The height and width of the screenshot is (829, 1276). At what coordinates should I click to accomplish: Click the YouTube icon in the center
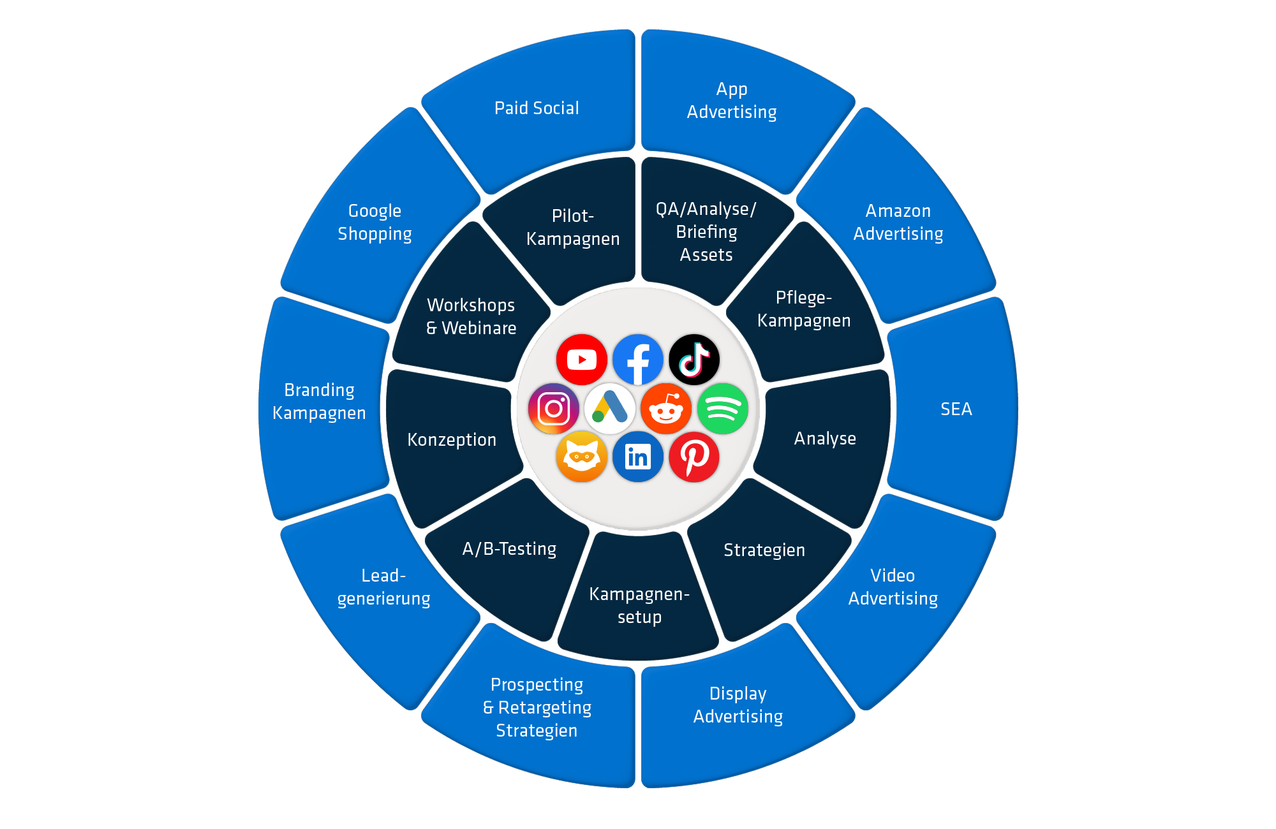click(x=581, y=360)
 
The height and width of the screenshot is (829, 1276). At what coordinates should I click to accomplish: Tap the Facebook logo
click(x=637, y=360)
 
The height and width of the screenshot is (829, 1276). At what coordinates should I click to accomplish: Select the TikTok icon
click(x=694, y=360)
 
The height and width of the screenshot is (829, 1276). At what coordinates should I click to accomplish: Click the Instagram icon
click(x=553, y=409)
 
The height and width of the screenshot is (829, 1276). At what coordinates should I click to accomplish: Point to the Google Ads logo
click(x=609, y=409)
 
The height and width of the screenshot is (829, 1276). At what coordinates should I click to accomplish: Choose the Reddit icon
click(x=666, y=409)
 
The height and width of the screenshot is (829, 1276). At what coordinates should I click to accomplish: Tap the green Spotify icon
click(x=722, y=409)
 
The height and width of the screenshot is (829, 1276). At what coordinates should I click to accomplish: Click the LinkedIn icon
click(x=637, y=457)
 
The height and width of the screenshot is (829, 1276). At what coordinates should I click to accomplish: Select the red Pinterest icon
click(x=694, y=457)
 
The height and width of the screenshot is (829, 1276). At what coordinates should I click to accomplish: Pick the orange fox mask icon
click(x=581, y=457)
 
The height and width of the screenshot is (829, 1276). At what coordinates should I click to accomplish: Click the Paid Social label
click(x=537, y=108)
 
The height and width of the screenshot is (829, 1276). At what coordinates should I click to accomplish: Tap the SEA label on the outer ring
click(x=956, y=409)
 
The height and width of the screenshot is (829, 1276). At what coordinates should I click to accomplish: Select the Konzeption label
click(x=452, y=440)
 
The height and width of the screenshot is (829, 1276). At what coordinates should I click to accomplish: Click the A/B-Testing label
click(x=509, y=549)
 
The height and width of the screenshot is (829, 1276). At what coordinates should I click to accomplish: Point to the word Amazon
click(x=898, y=211)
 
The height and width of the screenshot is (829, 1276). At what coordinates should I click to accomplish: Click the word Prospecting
click(x=537, y=685)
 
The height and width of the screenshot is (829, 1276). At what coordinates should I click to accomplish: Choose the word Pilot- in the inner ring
click(x=572, y=216)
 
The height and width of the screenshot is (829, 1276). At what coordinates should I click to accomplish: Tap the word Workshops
click(x=471, y=305)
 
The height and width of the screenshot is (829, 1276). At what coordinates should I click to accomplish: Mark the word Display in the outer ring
click(x=738, y=694)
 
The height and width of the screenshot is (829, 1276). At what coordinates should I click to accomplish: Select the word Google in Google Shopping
click(x=375, y=211)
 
